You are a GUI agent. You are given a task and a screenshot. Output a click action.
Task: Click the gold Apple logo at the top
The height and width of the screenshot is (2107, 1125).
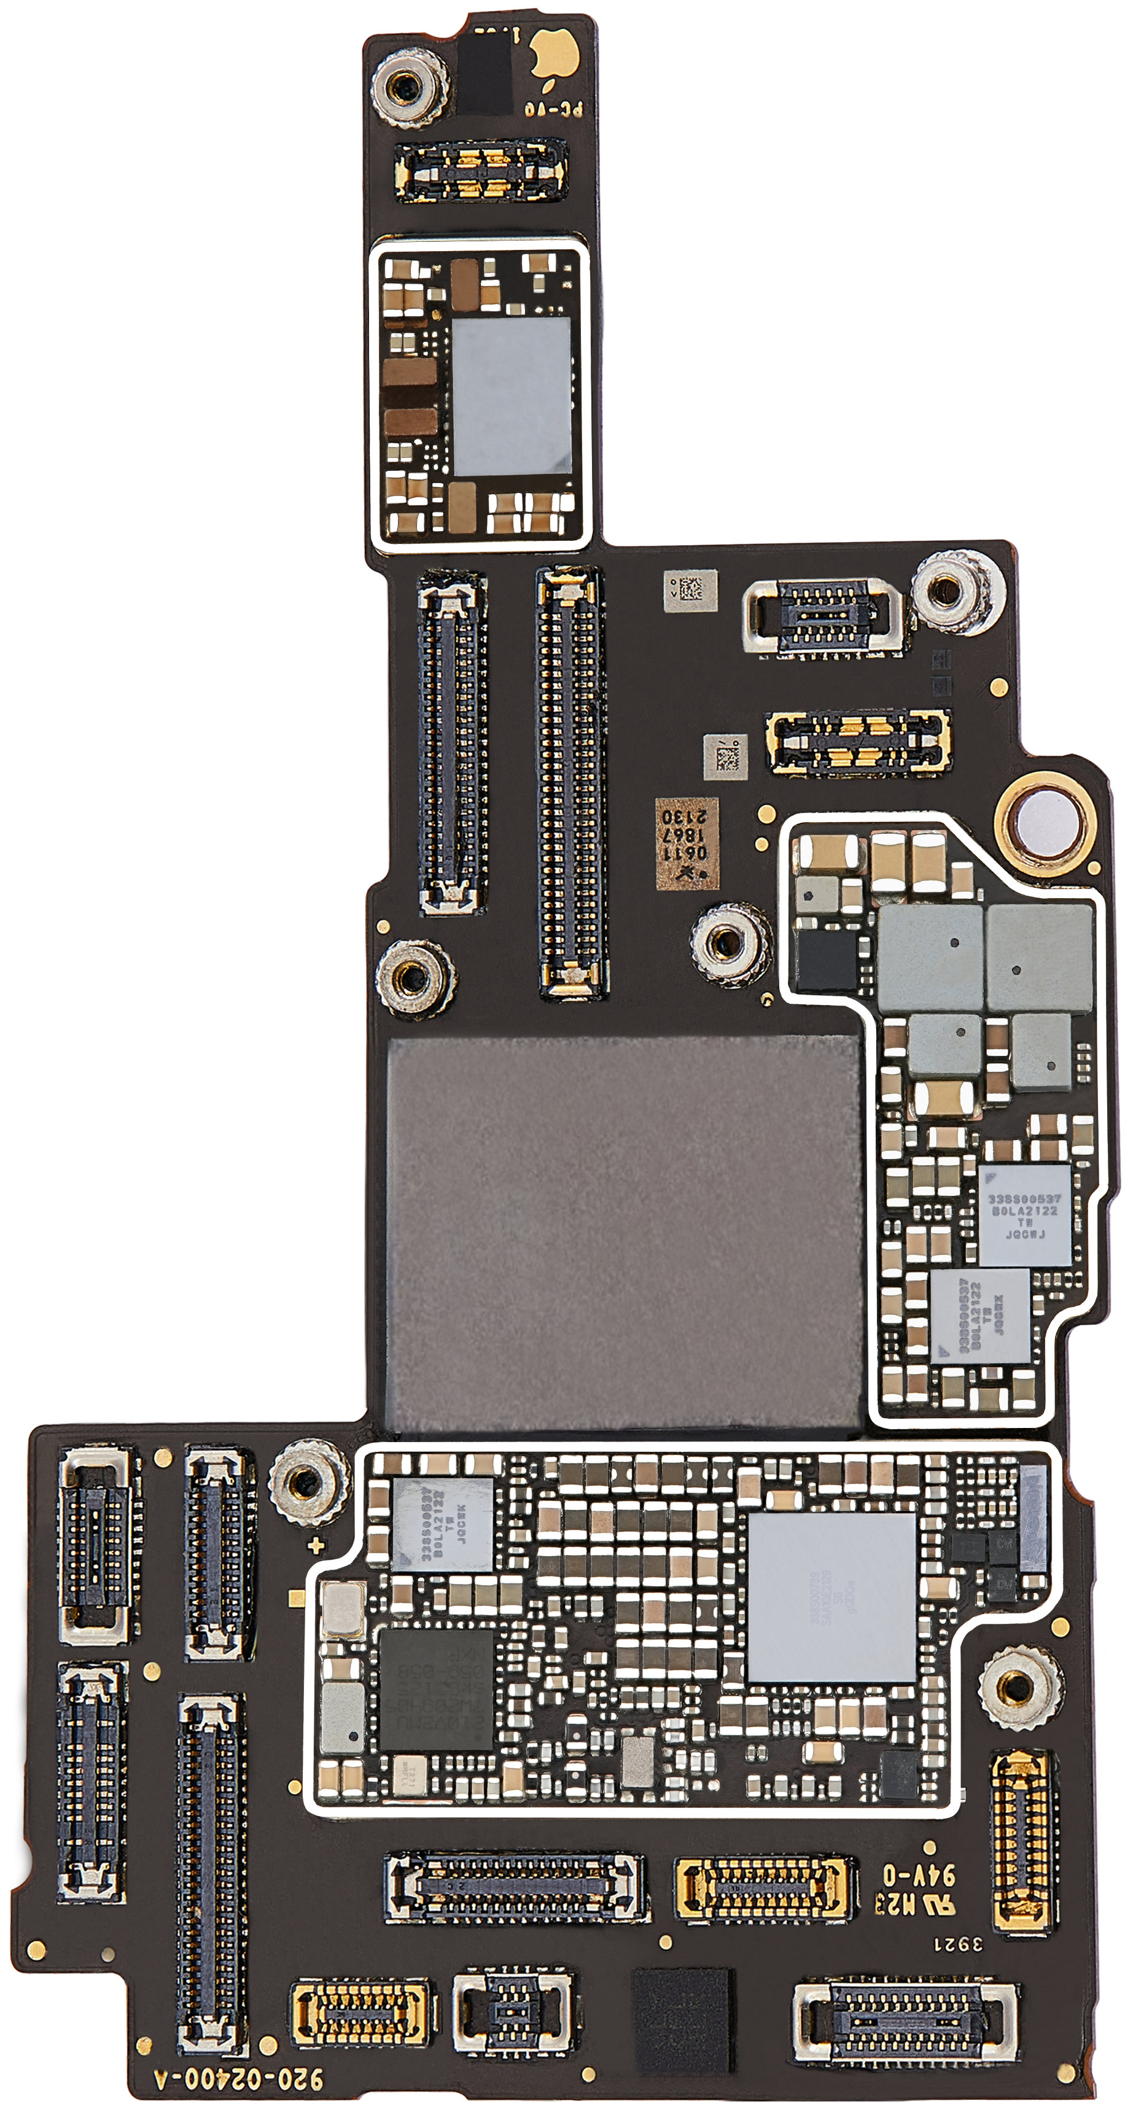pos(554,56)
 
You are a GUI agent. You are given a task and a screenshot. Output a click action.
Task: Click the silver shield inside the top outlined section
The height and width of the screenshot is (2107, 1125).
pos(510,397)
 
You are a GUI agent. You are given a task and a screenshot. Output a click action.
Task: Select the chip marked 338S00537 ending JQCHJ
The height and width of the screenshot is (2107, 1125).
pos(1024,1216)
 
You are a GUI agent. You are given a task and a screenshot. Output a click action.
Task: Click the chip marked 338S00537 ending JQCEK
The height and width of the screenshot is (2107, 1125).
pos(443,1524)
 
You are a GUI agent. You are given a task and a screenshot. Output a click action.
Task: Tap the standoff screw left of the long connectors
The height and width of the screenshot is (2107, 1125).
pos(416,976)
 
